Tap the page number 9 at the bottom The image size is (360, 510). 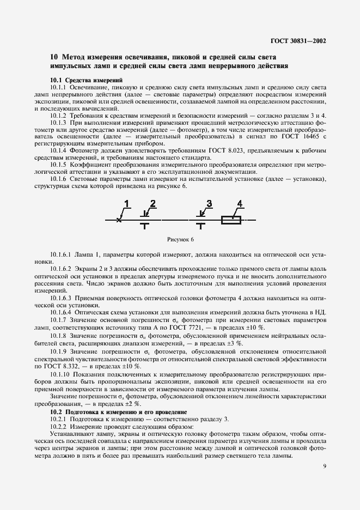pyautogui.click(x=325, y=466)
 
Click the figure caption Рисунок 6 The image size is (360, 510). pyautogui.click(x=180, y=239)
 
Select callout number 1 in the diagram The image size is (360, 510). pyautogui.click(x=126, y=204)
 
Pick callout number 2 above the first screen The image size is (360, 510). pyautogui.click(x=152, y=204)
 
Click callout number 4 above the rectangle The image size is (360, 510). pyautogui.click(x=239, y=204)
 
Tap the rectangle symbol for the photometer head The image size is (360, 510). pyautogui.click(x=231, y=220)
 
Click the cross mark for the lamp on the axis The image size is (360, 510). pyautogui.click(x=119, y=220)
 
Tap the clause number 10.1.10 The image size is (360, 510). pyautogui.click(x=60, y=375)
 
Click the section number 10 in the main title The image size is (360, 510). pyautogui.click(x=54, y=57)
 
